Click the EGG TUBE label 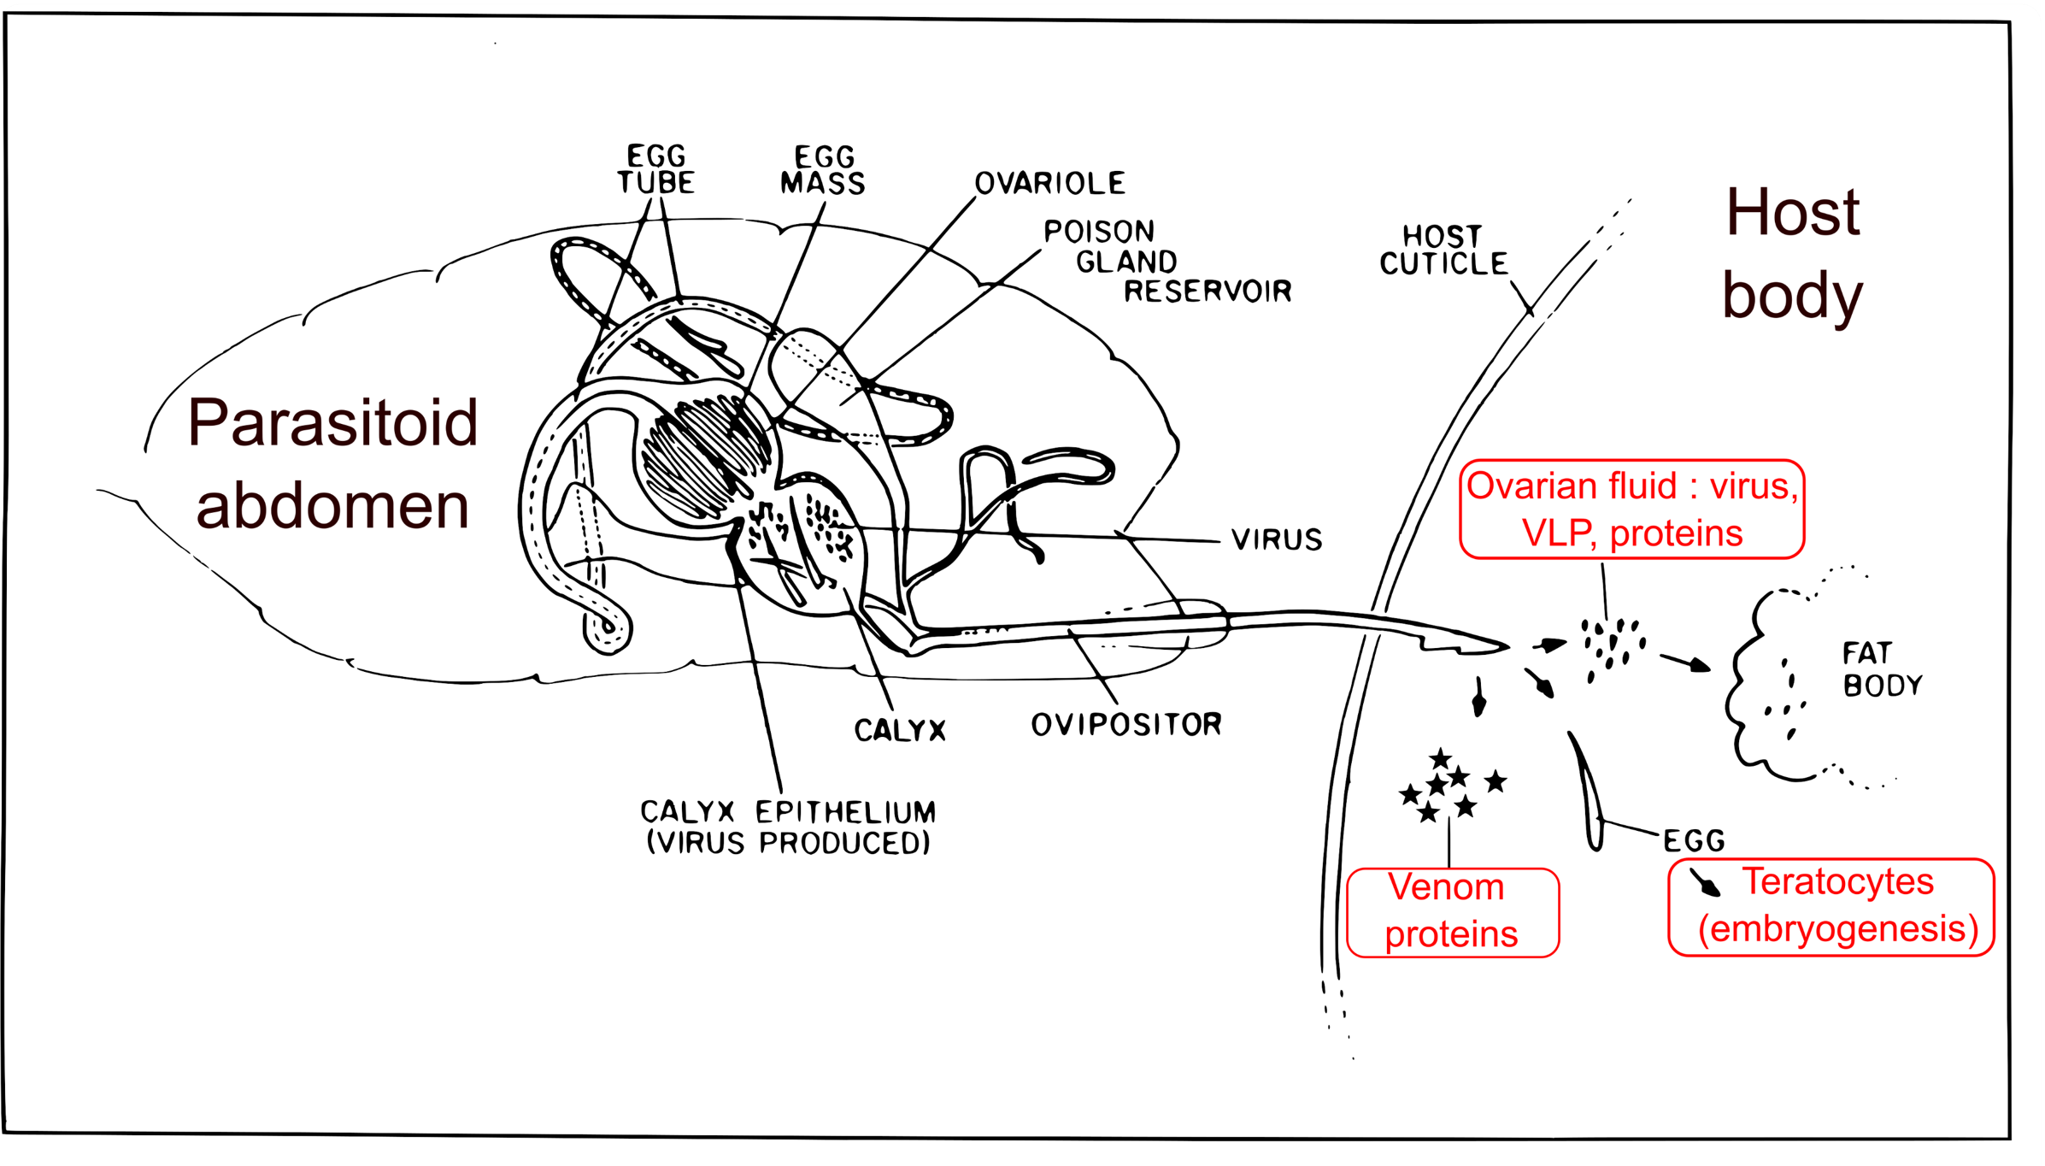(x=656, y=169)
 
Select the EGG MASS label (x=823, y=170)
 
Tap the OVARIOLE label (x=1049, y=183)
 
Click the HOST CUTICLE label (x=1443, y=250)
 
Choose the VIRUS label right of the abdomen (x=1277, y=539)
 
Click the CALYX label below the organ (x=900, y=730)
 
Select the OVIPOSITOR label (x=1126, y=725)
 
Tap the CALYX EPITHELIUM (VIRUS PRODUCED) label (x=788, y=827)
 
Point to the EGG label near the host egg (x=1694, y=841)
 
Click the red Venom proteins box (x=1452, y=912)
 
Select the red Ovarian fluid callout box (x=1631, y=509)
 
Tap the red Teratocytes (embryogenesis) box (x=1831, y=907)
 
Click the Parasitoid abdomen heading (x=332, y=463)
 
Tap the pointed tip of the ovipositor (x=1506, y=645)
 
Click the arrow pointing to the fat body (x=1685, y=662)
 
